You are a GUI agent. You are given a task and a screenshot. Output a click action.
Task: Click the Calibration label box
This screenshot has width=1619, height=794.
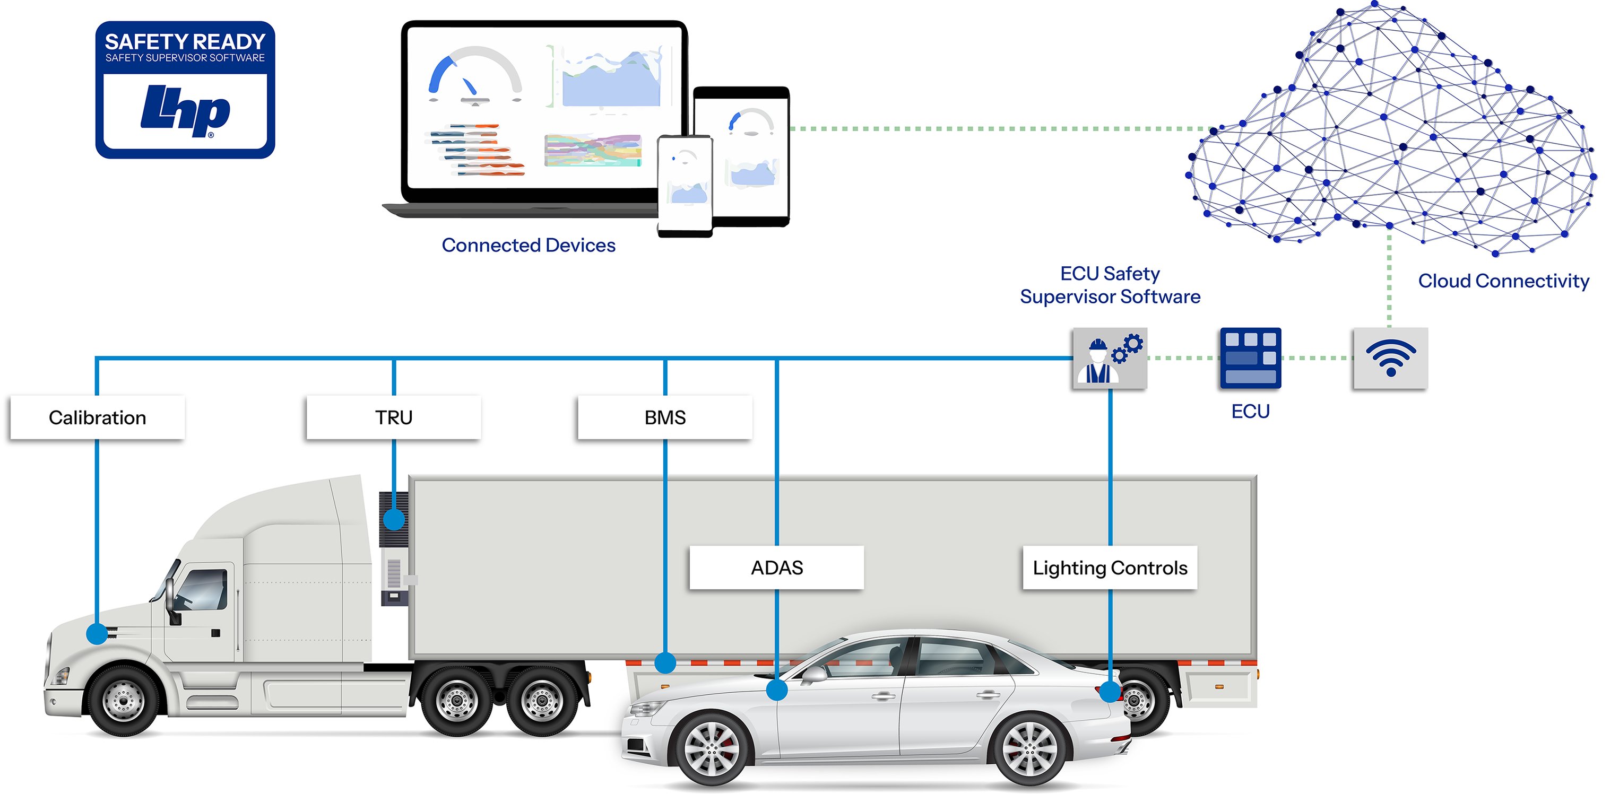click(98, 418)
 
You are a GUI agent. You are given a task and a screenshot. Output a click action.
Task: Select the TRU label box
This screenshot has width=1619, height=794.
click(393, 418)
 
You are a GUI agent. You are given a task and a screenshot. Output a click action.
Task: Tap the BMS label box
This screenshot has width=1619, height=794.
click(664, 418)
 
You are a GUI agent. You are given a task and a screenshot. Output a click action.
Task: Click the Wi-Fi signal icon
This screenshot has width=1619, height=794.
click(1390, 358)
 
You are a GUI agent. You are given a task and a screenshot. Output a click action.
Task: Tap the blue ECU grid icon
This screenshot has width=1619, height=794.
click(1250, 358)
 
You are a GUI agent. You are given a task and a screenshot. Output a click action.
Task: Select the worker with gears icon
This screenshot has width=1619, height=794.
click(1109, 358)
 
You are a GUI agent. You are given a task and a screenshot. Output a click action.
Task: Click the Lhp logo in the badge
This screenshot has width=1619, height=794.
click(185, 111)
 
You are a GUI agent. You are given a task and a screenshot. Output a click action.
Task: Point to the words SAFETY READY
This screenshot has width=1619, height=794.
click(185, 41)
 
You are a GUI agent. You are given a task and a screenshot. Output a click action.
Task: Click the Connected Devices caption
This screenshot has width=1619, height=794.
click(528, 245)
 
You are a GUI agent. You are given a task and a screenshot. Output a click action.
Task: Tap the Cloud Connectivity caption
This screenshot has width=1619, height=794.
click(1503, 281)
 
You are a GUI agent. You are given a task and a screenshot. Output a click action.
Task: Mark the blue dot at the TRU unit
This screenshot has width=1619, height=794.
click(393, 519)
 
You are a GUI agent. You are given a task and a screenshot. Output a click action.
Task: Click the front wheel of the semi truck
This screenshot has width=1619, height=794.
click(123, 699)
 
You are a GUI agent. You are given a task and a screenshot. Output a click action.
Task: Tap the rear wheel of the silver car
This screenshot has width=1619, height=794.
click(1029, 750)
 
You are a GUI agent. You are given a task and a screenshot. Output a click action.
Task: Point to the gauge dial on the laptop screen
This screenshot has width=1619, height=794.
click(474, 75)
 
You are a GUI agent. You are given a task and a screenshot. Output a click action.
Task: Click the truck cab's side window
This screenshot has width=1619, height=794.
click(202, 590)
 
